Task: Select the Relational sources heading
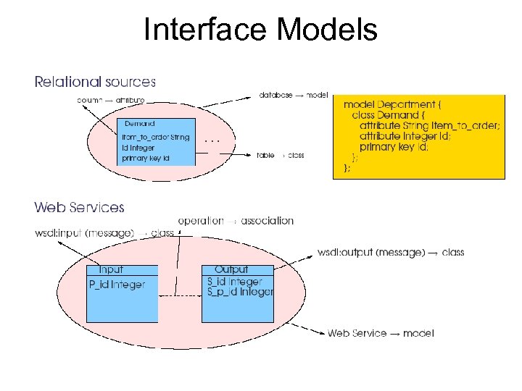click(95, 82)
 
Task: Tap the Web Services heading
click(80, 208)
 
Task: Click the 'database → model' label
click(294, 95)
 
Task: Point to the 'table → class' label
click(281, 155)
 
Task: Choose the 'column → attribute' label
click(111, 100)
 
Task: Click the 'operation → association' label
click(236, 220)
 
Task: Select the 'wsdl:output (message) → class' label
click(391, 252)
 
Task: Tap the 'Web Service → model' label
click(381, 333)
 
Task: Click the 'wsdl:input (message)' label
click(84, 233)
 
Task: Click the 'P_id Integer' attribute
click(117, 285)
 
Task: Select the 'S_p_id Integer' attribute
click(240, 292)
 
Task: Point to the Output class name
click(231, 269)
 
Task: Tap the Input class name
click(111, 269)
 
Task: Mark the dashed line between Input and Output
click(179, 296)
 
